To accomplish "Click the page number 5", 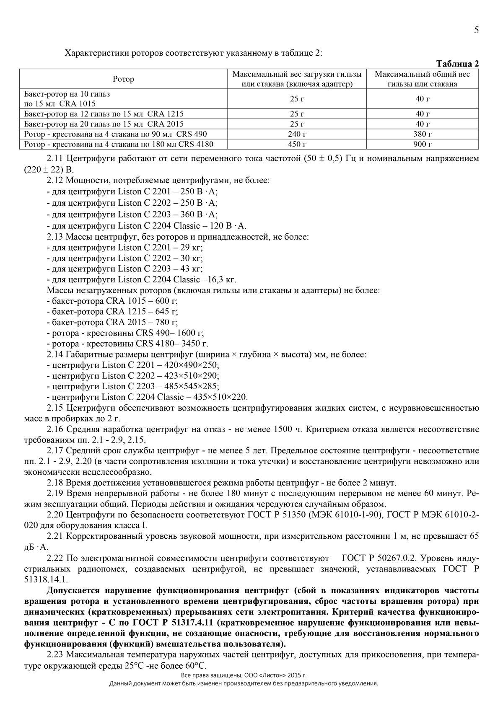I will coord(476,30).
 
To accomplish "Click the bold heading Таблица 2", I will coord(457,64).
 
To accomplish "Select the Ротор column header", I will coord(124,79).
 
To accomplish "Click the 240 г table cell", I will coord(297,134).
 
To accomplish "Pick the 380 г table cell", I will coord(423,134).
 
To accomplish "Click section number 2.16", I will coord(55,429).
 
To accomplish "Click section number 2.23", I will coord(55,654).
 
